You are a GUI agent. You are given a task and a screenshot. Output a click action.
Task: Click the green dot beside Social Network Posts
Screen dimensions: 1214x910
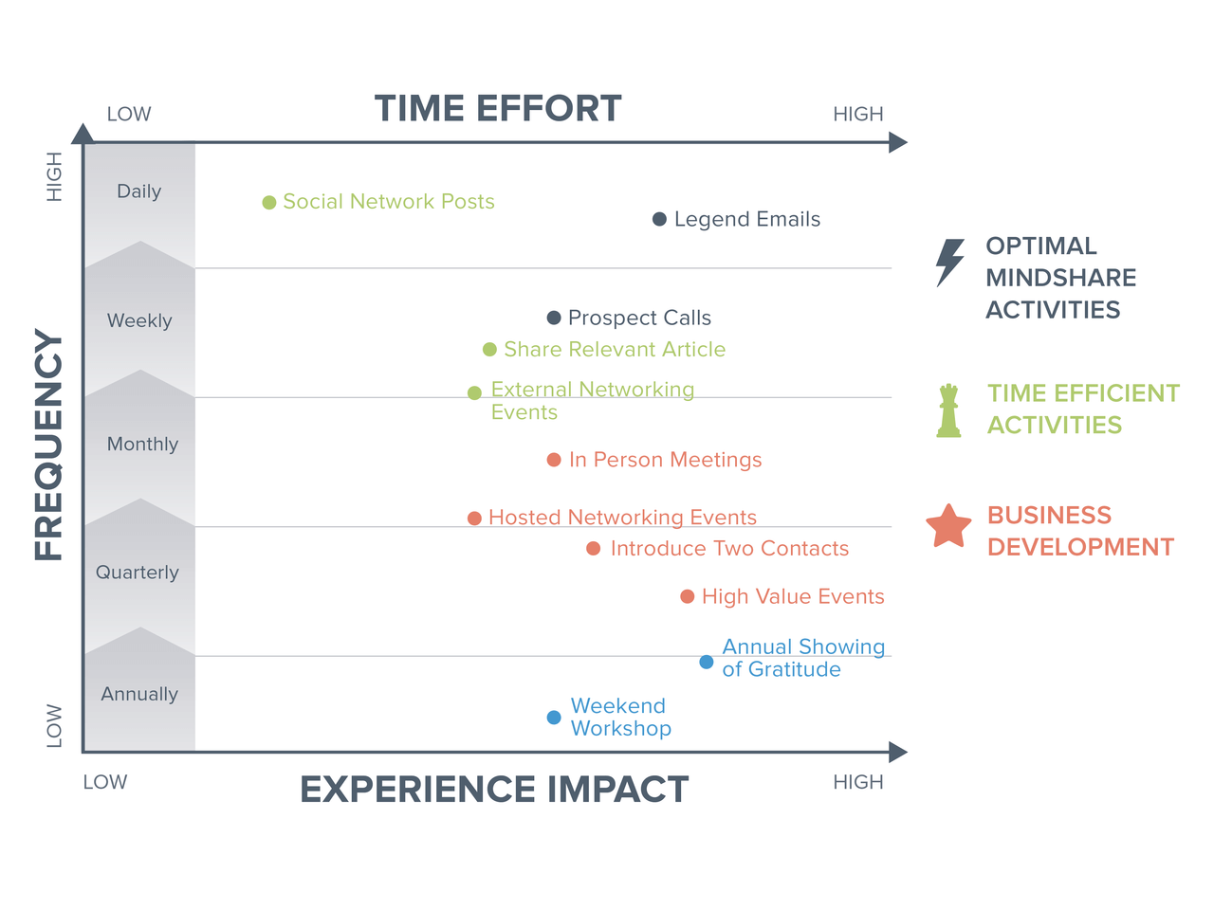click(x=268, y=202)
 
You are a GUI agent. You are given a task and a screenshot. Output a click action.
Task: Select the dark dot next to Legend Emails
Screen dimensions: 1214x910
click(x=659, y=219)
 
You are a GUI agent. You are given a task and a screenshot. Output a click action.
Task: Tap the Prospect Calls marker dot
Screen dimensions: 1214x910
click(x=553, y=318)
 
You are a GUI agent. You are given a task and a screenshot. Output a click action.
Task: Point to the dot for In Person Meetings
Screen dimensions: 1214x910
click(x=553, y=459)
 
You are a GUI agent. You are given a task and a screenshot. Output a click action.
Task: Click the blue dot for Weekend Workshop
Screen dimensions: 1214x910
click(x=553, y=717)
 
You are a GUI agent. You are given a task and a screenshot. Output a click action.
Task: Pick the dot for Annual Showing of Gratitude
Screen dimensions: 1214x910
click(x=706, y=662)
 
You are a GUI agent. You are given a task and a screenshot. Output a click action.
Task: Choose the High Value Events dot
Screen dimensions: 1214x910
click(x=687, y=596)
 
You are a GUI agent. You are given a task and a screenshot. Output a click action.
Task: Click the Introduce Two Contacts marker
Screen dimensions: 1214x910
click(x=593, y=548)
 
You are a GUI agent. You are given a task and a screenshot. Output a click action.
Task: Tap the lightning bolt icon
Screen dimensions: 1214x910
click(x=949, y=263)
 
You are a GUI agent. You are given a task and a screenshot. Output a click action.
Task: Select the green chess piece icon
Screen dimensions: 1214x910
click(x=948, y=409)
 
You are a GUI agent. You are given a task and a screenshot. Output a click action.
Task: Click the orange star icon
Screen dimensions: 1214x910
click(x=948, y=526)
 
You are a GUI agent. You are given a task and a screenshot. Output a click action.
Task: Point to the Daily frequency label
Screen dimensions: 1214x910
click(x=138, y=191)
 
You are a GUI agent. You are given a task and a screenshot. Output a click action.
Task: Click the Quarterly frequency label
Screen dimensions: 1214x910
click(x=138, y=573)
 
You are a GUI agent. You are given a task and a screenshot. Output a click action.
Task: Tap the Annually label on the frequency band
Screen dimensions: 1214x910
click(x=139, y=694)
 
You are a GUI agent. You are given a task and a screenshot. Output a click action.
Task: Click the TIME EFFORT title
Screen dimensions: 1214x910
click(x=498, y=108)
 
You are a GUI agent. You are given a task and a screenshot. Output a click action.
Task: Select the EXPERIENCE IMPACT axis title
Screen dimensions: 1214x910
click(x=494, y=789)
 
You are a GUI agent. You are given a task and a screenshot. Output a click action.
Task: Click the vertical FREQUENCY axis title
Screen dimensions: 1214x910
click(x=48, y=444)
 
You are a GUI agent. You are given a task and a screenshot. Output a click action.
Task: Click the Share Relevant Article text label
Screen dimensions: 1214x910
click(x=615, y=349)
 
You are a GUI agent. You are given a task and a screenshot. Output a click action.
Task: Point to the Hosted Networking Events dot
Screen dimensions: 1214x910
click(x=474, y=518)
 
